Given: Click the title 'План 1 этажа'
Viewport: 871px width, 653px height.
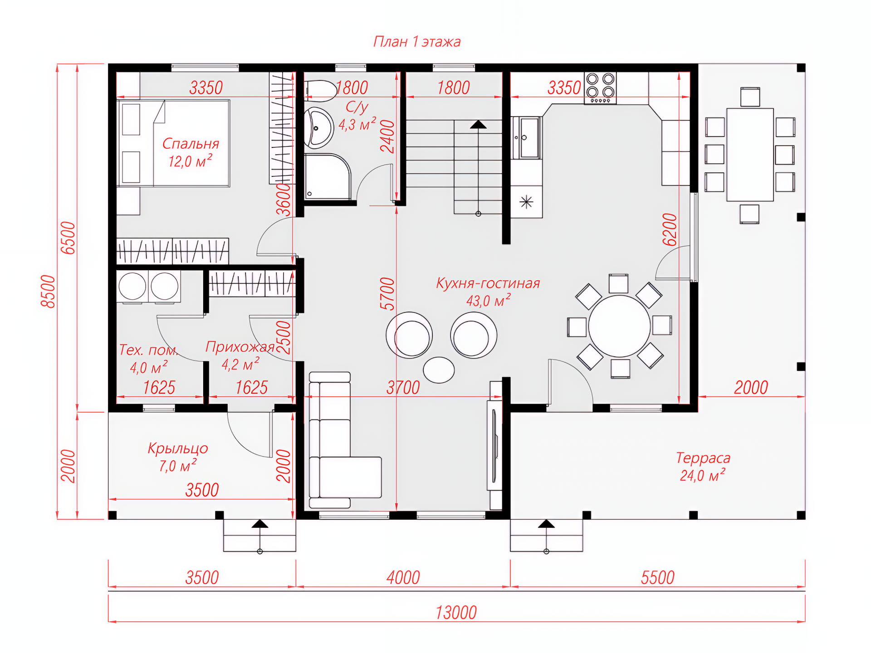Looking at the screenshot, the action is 417,42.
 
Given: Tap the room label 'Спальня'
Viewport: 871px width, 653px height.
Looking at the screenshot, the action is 191,144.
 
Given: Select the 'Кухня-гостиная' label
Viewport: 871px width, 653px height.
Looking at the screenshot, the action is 488,283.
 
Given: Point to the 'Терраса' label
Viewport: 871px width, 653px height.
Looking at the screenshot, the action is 703,458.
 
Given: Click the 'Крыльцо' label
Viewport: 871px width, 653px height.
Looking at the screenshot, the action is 178,448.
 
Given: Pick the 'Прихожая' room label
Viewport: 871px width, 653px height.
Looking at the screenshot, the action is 240,347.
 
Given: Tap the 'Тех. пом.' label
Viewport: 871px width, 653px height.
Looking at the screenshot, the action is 148,350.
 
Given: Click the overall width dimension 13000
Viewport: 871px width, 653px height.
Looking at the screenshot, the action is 456,613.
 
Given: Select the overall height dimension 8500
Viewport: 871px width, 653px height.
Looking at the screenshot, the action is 48,292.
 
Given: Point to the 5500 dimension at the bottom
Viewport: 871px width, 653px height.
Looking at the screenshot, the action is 658,578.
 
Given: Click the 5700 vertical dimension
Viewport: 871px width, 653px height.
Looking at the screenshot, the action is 387,294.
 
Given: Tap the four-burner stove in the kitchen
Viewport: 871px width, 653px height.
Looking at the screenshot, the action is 600,88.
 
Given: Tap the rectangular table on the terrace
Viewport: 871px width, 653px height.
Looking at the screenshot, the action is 750,155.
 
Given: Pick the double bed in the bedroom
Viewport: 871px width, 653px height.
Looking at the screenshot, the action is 174,143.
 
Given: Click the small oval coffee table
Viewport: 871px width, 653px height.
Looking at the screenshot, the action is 439,370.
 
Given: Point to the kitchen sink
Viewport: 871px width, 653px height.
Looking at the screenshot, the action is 526,138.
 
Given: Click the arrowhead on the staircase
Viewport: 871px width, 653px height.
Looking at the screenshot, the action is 478,124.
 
